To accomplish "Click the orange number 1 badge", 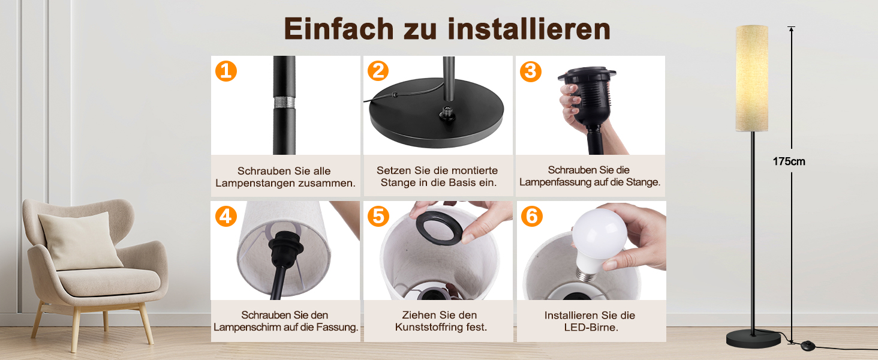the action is point(225,71).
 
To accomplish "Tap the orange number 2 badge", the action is point(378,71).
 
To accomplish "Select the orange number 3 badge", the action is point(530,71).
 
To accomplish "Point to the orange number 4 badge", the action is point(225,216).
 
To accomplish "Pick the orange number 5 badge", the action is point(378,216).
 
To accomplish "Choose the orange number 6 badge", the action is point(531,216).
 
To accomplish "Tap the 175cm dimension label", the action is point(789,161).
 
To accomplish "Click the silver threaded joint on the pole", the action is point(284,103).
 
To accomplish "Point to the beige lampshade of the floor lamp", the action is point(751,79).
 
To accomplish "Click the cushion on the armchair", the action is point(80,241).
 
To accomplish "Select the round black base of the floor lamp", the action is point(753,339).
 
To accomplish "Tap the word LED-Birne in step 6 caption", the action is point(591,328).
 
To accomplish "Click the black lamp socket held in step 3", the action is point(587,96).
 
